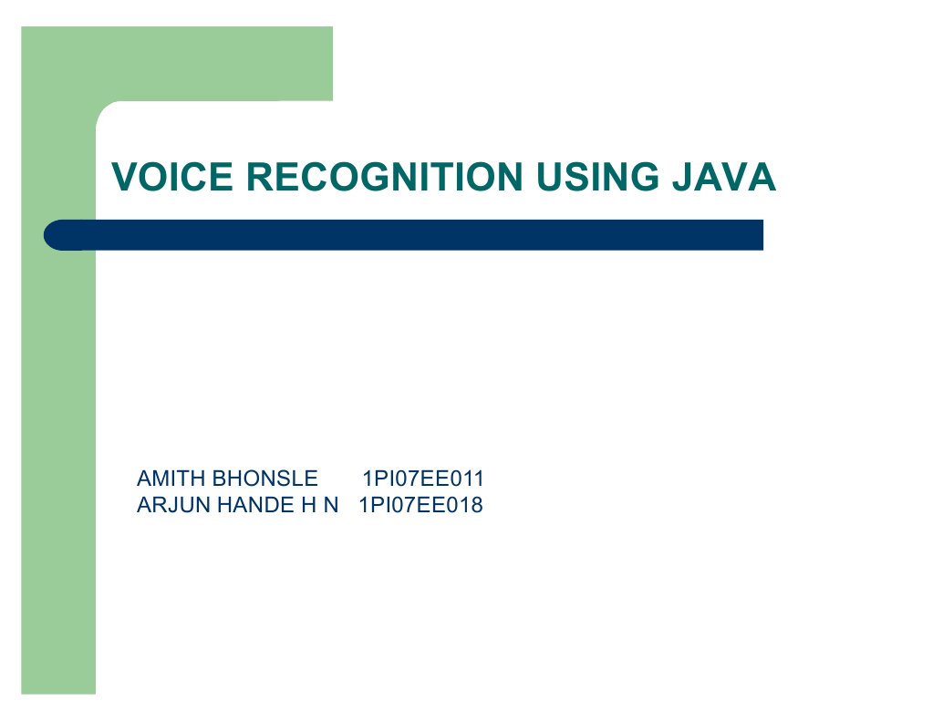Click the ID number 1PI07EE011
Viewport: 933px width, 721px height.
click(x=423, y=479)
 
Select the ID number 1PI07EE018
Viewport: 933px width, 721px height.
click(x=420, y=505)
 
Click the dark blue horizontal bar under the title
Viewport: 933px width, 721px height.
click(x=410, y=235)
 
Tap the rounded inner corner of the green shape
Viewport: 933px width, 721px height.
click(x=105, y=110)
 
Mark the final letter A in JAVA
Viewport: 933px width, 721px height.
click(x=762, y=177)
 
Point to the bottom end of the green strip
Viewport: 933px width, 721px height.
click(x=58, y=687)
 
